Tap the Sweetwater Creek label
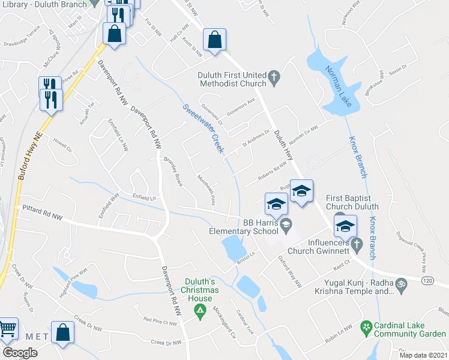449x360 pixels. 202,123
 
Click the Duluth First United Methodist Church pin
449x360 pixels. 274,76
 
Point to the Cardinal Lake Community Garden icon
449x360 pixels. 364,327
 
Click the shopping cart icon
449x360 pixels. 7,329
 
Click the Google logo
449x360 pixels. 20,353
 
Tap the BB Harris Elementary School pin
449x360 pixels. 286,226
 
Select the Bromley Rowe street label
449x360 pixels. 173,172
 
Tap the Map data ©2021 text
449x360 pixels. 423,355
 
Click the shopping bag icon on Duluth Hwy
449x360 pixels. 214,40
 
